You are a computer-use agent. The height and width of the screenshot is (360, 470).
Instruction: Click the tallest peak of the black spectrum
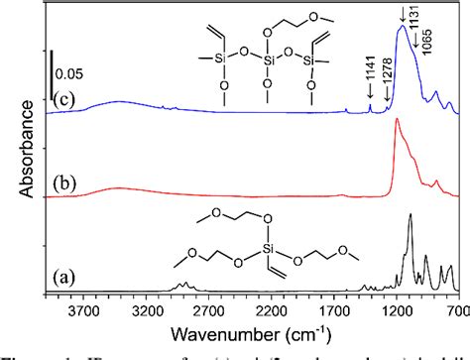(410, 213)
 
